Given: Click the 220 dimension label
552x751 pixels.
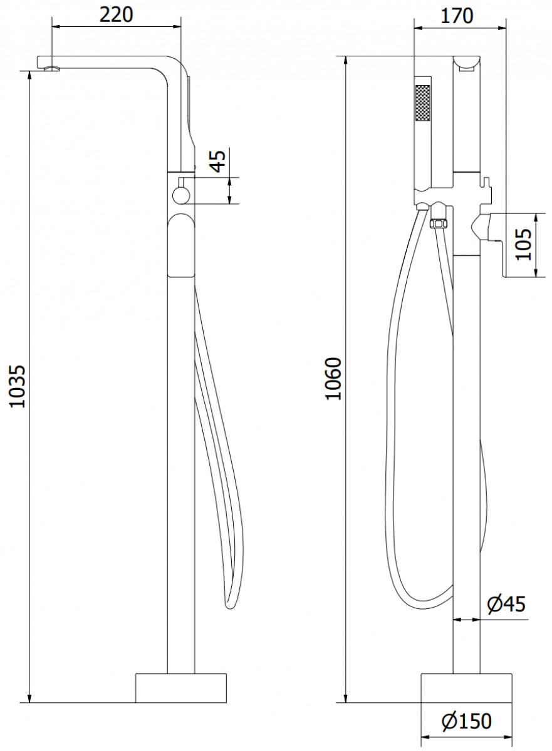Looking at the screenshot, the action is coord(116,15).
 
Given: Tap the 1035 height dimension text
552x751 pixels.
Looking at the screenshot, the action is coord(17,387).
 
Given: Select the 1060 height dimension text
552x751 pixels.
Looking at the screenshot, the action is coord(333,379).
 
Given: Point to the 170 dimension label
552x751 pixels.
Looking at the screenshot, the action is coord(457,16).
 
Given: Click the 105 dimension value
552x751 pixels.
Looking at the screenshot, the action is coord(523,245).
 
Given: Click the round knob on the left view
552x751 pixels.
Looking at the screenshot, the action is coord(181,195).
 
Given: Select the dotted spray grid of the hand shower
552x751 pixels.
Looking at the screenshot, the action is coord(422,103).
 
